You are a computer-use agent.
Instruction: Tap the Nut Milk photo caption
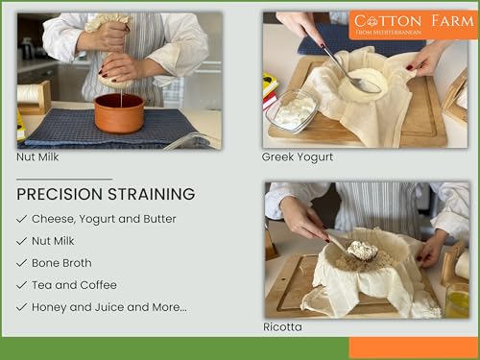[39, 156]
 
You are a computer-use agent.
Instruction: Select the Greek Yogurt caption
[298, 156]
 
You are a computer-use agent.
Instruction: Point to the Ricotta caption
[282, 327]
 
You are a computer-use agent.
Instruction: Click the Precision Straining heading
[106, 194]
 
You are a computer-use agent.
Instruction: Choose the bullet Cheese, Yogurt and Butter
[104, 219]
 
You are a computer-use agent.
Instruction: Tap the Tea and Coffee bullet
[74, 285]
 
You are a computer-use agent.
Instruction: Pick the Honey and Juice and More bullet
[108, 307]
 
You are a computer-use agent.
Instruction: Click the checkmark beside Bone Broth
[22, 263]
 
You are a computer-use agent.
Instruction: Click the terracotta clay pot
[119, 112]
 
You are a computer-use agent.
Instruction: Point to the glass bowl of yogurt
[294, 109]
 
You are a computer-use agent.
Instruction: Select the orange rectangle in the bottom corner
[413, 348]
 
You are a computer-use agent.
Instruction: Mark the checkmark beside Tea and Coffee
[22, 285]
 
